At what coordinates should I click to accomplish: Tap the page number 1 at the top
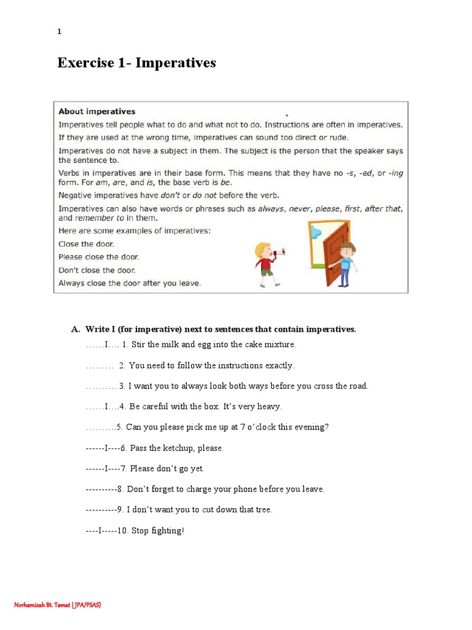tap(59, 32)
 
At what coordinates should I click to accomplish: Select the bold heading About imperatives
tap(96, 111)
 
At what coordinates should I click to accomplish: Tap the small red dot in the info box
tap(286, 115)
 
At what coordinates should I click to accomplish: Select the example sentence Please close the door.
tap(98, 257)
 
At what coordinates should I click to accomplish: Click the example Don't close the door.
tap(96, 270)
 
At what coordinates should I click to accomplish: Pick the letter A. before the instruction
tap(76, 329)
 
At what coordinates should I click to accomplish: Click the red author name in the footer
tap(57, 605)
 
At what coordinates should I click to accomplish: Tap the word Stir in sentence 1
tap(138, 345)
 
